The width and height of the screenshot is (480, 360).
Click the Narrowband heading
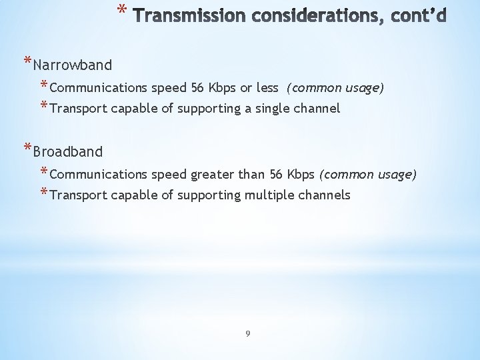pyautogui.click(x=72, y=65)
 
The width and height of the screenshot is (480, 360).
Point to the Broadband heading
pyautogui.click(x=67, y=151)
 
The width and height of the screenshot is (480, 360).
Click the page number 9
pyautogui.click(x=247, y=333)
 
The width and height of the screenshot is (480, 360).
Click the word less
pyautogui.click(x=267, y=87)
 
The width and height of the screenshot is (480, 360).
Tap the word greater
pyautogui.click(x=213, y=174)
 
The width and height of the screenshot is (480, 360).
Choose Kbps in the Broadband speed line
pyautogui.click(x=300, y=174)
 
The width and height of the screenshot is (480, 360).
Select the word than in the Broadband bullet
pyautogui.click(x=251, y=174)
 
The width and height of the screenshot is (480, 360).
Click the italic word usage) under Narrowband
pyautogui.click(x=364, y=87)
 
